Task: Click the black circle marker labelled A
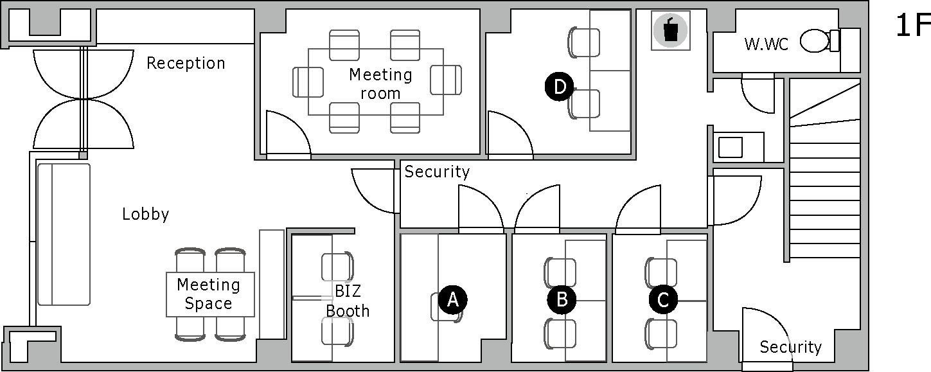tap(452, 299)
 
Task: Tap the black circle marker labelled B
tap(562, 299)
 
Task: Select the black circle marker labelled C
tap(663, 299)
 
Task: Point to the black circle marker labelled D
tap(559, 87)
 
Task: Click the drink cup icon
tap(670, 30)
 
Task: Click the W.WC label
tap(766, 44)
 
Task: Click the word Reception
tap(186, 63)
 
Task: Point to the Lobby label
tap(145, 214)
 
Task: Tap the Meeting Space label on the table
tap(209, 294)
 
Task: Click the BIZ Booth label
tap(348, 301)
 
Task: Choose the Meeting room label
tap(380, 84)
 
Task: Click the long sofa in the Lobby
tap(63, 234)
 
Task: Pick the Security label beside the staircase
tap(790, 348)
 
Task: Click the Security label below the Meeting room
tap(437, 172)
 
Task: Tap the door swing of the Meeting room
tap(287, 135)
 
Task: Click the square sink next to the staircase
tap(730, 148)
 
